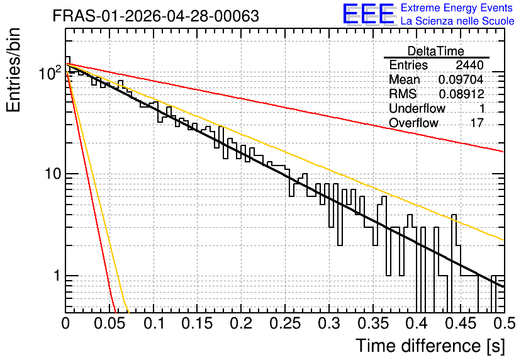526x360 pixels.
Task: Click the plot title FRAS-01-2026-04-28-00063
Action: (x=155, y=16)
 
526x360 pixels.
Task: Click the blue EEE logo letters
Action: (x=368, y=14)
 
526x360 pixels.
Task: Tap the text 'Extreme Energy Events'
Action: (x=457, y=8)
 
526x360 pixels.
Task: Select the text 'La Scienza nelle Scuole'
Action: (x=457, y=21)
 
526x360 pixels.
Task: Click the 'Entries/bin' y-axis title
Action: (x=14, y=70)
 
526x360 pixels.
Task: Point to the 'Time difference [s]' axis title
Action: (x=430, y=346)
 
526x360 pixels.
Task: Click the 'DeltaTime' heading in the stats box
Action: (x=436, y=51)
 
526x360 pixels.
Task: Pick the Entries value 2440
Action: (x=469, y=65)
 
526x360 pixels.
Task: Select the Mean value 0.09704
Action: (x=461, y=79)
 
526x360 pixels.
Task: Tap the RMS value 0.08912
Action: (x=461, y=94)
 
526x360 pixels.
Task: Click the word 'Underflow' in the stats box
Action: (x=417, y=108)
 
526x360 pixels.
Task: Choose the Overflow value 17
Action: (x=477, y=123)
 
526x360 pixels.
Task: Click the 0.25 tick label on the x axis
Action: (x=285, y=323)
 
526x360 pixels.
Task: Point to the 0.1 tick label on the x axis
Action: (x=155, y=323)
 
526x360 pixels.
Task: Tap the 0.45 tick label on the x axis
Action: (x=461, y=323)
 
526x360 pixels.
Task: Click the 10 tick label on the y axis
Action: (x=52, y=174)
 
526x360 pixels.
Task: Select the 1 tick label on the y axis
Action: (x=57, y=276)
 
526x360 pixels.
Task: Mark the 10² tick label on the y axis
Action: (x=50, y=72)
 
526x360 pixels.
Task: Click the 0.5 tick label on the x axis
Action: (x=504, y=323)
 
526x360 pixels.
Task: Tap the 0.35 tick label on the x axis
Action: (x=372, y=323)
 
